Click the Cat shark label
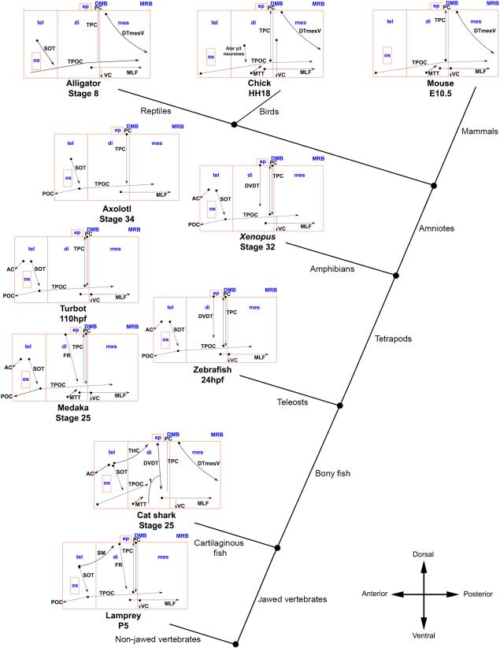tap(155, 516)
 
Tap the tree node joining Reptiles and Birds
tap(235, 124)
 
